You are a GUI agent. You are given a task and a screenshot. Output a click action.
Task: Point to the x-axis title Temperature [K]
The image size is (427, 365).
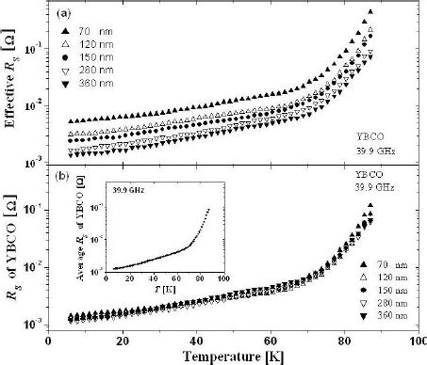tap(234, 356)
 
